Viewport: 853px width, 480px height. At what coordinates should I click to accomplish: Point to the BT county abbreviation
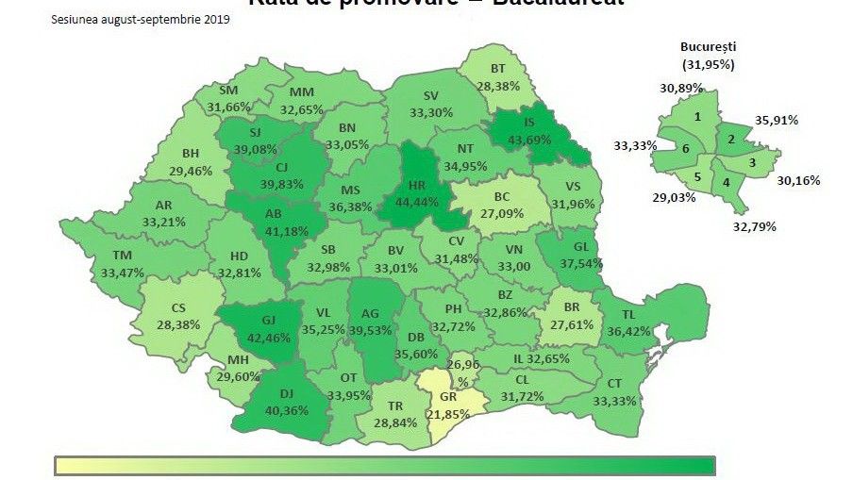(x=498, y=69)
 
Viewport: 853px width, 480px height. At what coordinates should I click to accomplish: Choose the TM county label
(x=122, y=256)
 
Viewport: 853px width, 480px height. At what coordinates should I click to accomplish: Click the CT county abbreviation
(x=614, y=383)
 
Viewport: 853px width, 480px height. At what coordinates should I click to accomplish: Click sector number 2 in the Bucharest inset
(x=731, y=139)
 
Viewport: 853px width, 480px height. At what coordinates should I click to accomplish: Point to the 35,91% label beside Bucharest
(x=777, y=120)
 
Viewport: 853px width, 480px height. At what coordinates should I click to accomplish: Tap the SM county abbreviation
(x=227, y=91)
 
